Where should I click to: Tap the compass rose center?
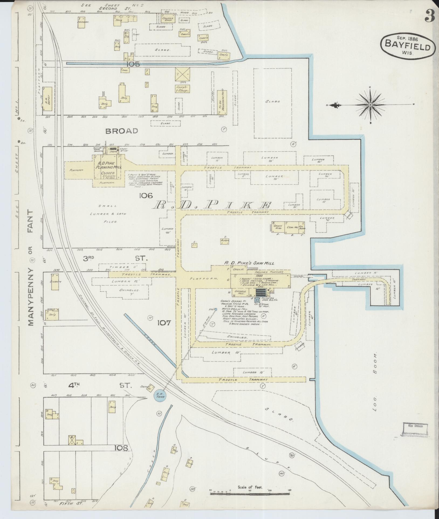(371, 105)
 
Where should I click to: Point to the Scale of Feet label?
(250, 487)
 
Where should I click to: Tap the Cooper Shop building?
(167, 19)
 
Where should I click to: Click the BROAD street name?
(122, 131)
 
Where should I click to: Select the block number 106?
(146, 195)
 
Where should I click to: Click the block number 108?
(122, 448)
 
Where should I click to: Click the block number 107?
(164, 322)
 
